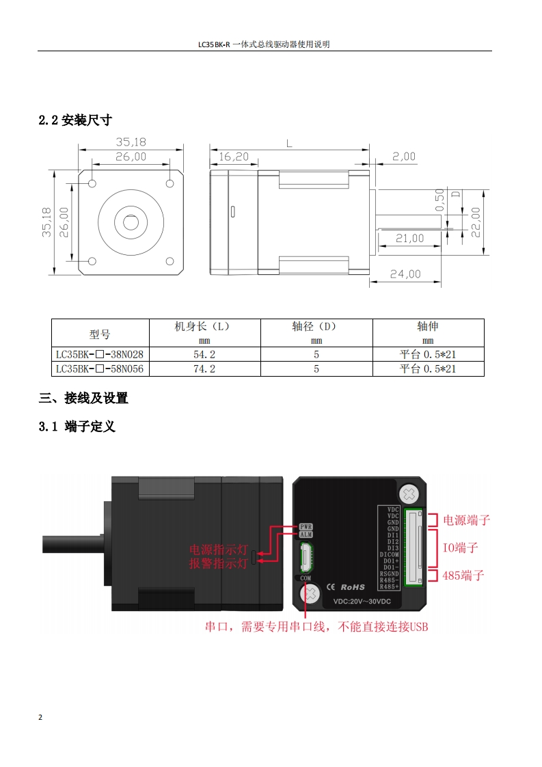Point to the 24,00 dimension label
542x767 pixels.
405,274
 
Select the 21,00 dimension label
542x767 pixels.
409,239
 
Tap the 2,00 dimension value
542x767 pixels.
403,157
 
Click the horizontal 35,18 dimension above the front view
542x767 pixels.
131,142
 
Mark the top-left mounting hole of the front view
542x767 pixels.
92,183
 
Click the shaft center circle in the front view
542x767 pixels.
131,222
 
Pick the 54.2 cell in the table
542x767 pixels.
205,354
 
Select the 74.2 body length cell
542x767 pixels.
205,368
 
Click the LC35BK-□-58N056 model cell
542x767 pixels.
101,368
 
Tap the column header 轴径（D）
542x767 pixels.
316,327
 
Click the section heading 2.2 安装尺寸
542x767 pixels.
75,120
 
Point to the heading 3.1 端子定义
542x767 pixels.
77,427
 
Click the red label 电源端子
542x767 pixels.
467,520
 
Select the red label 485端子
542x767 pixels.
463,575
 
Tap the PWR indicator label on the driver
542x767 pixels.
306,526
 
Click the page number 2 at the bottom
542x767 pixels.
40,718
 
